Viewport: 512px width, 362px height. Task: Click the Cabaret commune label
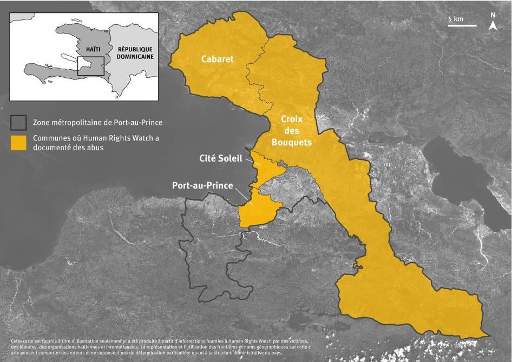pos(217,59)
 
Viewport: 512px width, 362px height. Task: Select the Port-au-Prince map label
pos(202,185)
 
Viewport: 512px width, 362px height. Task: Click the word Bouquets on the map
pos(292,143)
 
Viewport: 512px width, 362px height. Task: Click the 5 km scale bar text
pos(456,19)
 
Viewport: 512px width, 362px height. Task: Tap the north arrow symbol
pos(493,25)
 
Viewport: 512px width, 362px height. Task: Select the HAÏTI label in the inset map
pos(93,49)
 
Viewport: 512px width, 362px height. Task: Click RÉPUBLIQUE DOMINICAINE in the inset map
pos(134,52)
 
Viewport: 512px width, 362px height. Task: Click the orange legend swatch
pos(19,143)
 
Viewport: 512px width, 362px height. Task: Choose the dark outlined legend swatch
pos(19,123)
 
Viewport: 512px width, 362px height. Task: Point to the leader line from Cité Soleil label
pos(252,161)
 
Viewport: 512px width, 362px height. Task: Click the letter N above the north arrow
pos(493,15)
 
